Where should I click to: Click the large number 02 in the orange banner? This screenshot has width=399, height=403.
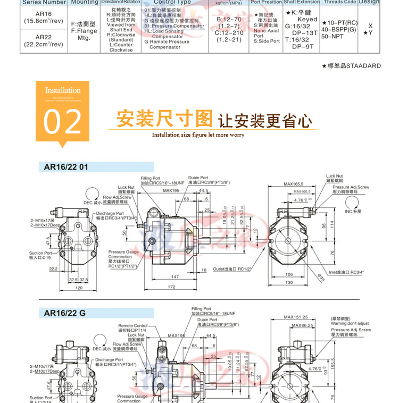(63, 121)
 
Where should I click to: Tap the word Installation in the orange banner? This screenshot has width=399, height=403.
(63, 90)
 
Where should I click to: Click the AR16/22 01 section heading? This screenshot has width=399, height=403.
(66, 167)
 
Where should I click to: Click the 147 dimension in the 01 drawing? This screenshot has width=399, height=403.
(175, 276)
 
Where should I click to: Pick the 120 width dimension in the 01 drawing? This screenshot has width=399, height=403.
(79, 287)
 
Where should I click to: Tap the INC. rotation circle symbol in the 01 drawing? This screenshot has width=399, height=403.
(352, 202)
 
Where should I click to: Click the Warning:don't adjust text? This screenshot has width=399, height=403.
(350, 323)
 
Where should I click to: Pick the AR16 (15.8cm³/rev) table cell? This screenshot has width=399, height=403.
(36, 18)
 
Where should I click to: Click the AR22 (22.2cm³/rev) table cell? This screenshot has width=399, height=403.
(36, 40)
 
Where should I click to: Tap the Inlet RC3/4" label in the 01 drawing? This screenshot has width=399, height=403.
(346, 272)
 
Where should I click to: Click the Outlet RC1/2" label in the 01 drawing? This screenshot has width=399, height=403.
(231, 269)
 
